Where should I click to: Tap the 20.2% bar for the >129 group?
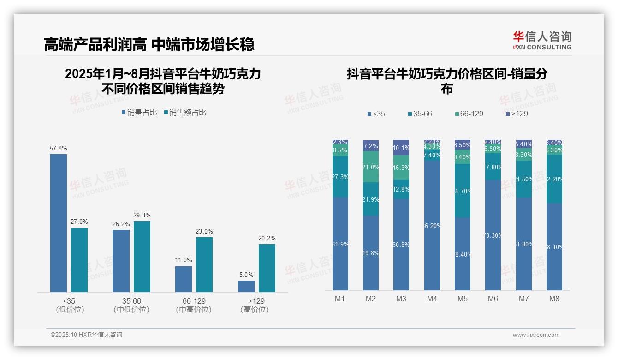click(x=267, y=268)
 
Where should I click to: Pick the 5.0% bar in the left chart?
click(x=246, y=286)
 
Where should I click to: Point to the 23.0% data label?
click(x=204, y=232)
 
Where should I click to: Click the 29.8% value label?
click(x=142, y=216)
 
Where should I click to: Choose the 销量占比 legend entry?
click(x=139, y=112)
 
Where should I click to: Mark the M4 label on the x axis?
click(x=432, y=299)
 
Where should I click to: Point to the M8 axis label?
click(x=554, y=299)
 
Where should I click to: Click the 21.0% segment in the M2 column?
click(x=371, y=167)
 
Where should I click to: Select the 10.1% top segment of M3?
click(x=401, y=148)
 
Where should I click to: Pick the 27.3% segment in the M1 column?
click(x=340, y=177)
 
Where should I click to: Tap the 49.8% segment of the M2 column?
click(x=371, y=253)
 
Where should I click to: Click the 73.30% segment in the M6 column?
click(x=493, y=235)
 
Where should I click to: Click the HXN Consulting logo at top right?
click(x=542, y=41)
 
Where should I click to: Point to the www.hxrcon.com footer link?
click(x=536, y=335)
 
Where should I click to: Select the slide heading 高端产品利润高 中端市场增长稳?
click(x=149, y=45)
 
